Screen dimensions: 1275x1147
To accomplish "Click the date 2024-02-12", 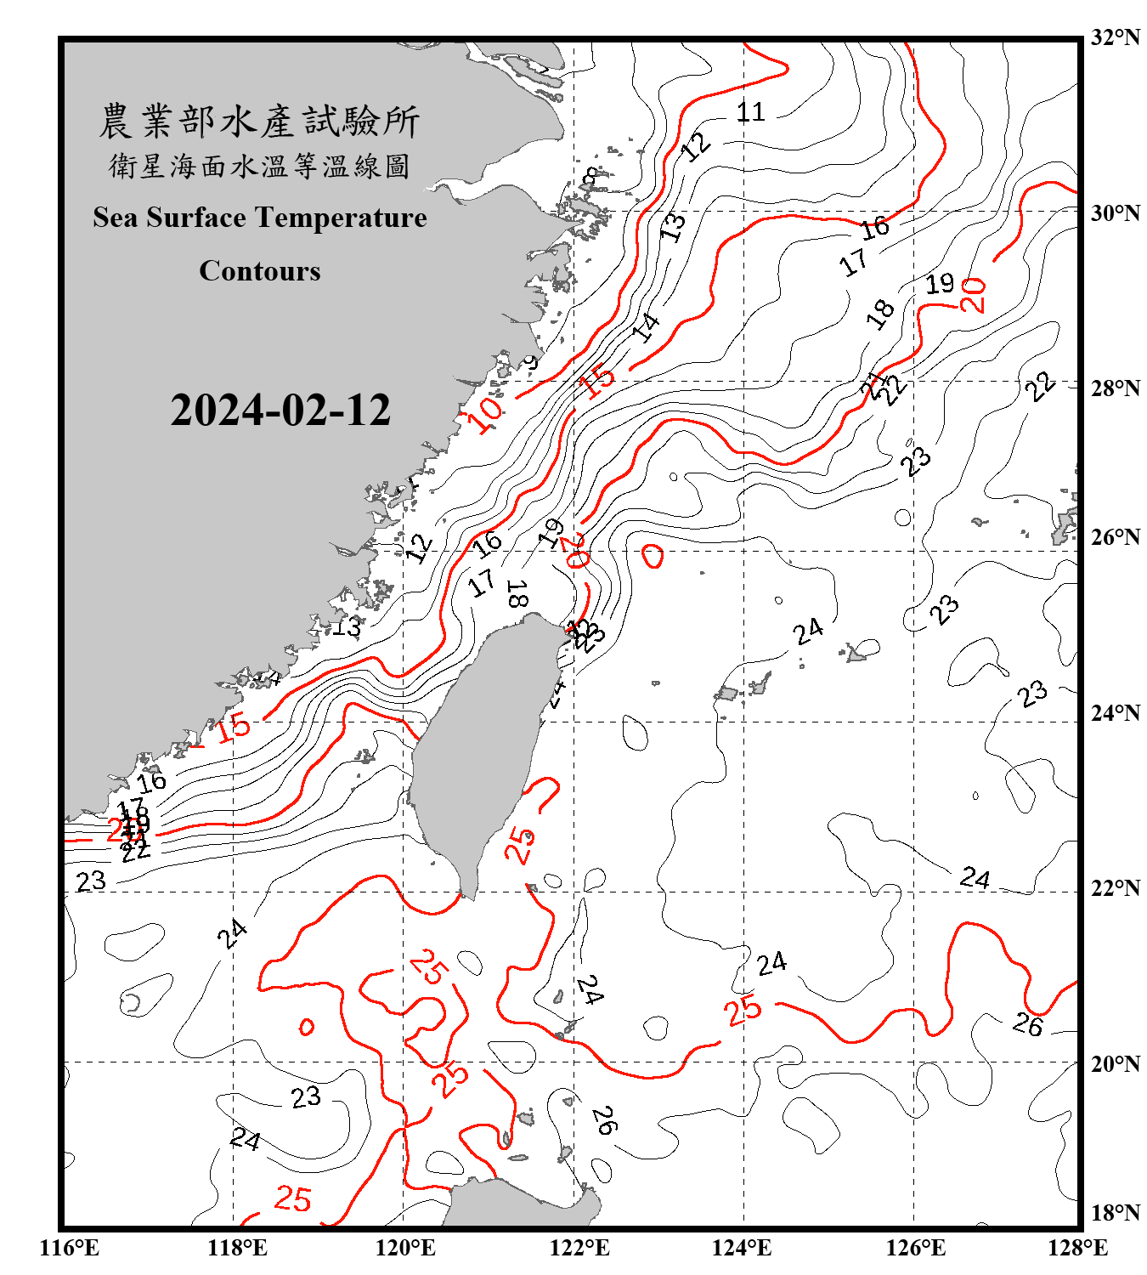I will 280,411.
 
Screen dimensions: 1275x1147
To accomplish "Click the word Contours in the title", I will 260,271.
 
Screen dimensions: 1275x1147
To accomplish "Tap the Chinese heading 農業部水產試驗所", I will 259,122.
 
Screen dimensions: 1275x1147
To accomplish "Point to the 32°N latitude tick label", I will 1115,37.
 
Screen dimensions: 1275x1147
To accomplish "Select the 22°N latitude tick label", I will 1115,888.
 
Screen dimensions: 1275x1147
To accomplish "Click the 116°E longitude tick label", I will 70,1248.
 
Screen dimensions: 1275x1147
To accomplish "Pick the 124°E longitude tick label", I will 742,1248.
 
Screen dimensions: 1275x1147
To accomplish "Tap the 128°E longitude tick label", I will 1077,1248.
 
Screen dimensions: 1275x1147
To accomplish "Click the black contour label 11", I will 750,111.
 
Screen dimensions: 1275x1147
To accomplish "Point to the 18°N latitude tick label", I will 1115,1213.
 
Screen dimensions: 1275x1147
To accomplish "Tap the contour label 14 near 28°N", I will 646,326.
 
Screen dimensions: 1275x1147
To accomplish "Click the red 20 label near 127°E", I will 974,295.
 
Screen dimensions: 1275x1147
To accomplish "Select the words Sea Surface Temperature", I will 260,218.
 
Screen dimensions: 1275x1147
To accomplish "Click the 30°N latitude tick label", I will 1115,213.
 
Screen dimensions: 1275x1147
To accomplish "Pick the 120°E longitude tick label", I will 405,1248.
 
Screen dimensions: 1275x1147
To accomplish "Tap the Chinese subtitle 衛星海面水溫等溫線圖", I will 259,166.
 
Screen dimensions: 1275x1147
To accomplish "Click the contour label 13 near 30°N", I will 673,226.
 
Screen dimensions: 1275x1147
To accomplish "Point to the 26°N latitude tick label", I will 1115,537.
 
